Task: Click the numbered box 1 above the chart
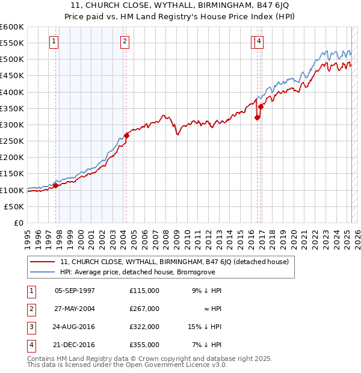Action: (54, 42)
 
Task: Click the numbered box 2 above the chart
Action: (124, 42)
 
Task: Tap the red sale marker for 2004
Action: (127, 135)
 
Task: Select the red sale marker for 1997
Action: (56, 185)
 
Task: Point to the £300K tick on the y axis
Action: (13, 125)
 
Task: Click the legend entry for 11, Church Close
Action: (174, 262)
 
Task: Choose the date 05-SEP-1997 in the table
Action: (75, 291)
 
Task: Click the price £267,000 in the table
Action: (144, 309)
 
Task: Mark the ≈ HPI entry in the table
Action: (212, 309)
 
